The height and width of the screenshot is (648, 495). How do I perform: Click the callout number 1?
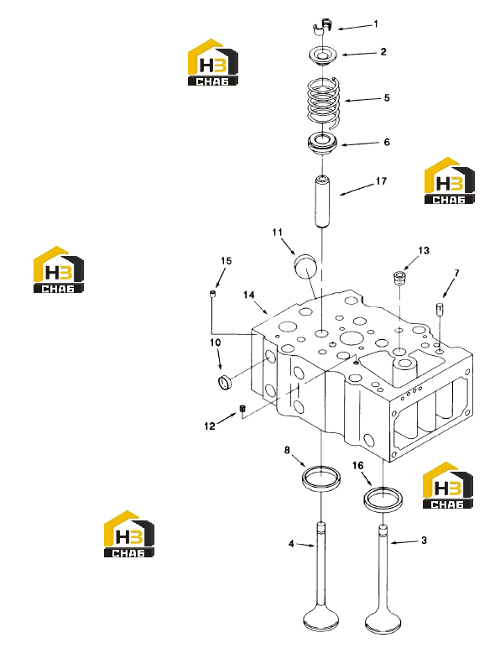coord(376,24)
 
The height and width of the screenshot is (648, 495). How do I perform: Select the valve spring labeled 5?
coord(324,101)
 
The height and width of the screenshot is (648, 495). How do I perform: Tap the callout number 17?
coord(381,181)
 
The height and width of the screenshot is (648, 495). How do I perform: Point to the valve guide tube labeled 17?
coord(323,202)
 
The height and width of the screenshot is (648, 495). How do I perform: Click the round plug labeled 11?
coord(305,267)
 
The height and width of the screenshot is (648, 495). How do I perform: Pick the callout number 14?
coord(248,295)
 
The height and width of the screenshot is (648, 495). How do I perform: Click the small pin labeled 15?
coord(212,294)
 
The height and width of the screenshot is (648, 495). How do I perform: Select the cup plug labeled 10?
coord(225,381)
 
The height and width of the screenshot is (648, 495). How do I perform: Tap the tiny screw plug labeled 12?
coord(242,409)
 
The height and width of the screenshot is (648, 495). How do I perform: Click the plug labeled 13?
coord(399,277)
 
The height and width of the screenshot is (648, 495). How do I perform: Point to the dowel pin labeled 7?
coord(440,310)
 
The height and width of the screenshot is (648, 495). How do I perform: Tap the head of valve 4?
coord(321,621)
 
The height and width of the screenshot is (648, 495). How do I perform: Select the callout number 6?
coord(387,142)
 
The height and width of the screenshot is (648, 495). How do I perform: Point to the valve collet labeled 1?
coord(323,26)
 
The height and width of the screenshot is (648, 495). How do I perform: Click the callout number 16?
coord(357,465)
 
